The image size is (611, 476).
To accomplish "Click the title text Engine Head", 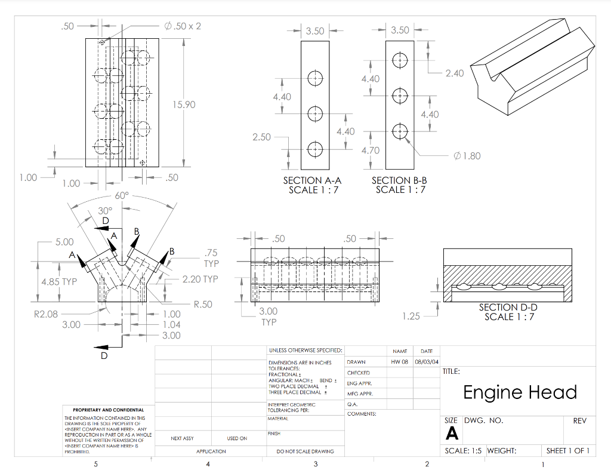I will click(x=520, y=392).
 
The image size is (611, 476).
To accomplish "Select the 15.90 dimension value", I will click(x=184, y=105).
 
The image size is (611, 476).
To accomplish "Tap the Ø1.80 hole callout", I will click(x=467, y=156).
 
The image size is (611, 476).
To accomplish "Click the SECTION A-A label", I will click(x=312, y=180).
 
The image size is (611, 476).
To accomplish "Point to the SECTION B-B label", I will click(x=399, y=180).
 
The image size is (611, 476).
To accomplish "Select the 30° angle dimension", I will click(x=105, y=210).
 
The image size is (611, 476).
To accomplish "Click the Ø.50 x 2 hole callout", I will click(x=183, y=26).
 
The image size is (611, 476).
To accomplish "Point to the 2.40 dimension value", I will click(x=454, y=73).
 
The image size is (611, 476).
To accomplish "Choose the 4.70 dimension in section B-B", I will click(x=371, y=150).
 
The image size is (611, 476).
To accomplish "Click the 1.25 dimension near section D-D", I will click(x=411, y=316).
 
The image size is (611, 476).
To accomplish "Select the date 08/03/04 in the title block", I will click(x=427, y=362).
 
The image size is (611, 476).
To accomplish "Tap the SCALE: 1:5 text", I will click(x=463, y=451).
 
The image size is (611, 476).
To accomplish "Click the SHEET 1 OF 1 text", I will click(x=567, y=451).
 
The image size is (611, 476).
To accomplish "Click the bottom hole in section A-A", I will click(x=314, y=149).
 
